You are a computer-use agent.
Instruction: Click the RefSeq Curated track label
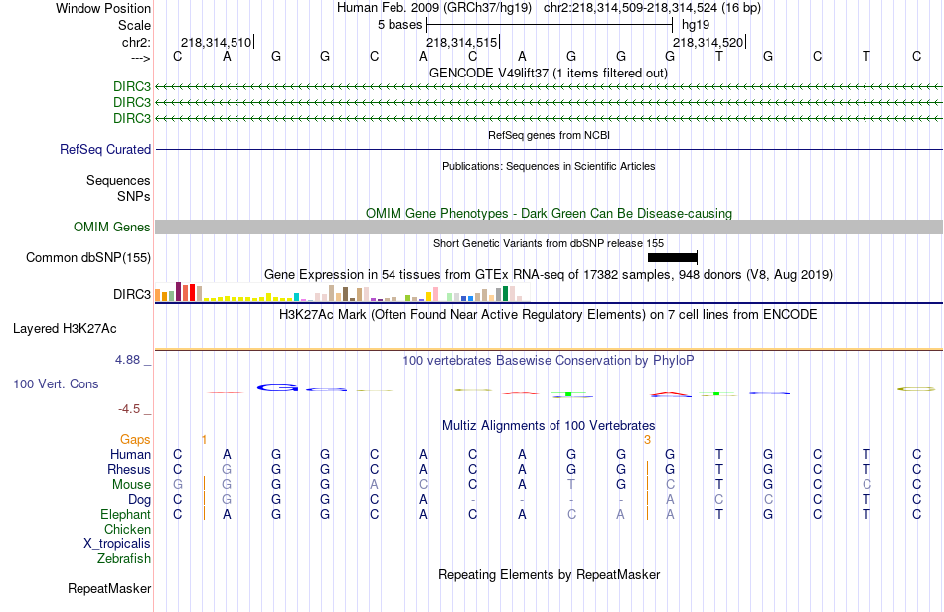pos(105,149)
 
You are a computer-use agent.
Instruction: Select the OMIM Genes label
pos(111,228)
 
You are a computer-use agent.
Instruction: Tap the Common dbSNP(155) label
pos(88,258)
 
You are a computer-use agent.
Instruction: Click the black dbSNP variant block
pos(672,258)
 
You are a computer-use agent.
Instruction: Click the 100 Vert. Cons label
pos(56,383)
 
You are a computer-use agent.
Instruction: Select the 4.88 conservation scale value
pos(131,360)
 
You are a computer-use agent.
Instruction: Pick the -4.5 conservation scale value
pos(132,408)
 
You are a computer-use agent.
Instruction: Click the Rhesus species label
pos(129,469)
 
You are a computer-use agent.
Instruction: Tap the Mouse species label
pos(131,484)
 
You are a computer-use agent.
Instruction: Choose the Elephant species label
pos(125,514)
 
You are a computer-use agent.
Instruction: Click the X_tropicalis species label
pos(117,543)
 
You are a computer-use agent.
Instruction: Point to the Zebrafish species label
pos(124,558)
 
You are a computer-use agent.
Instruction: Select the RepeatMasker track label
pos(109,588)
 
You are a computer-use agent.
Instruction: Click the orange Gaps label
pos(135,439)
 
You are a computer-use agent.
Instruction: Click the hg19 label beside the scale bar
pos(696,24)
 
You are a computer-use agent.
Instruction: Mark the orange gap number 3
pos(647,439)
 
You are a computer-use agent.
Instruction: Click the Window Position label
pos(103,8)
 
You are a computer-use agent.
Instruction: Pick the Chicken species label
pos(127,529)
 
